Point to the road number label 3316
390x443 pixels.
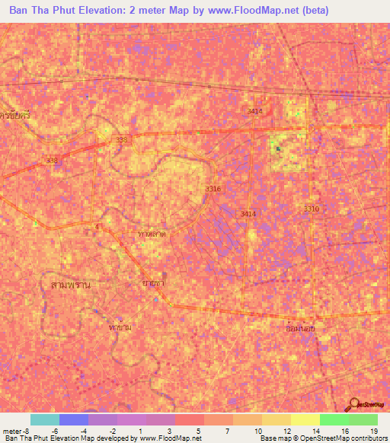[x=213, y=189]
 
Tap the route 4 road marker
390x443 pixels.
[x=98, y=228]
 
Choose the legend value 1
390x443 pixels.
[x=141, y=430]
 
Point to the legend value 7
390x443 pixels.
[x=228, y=430]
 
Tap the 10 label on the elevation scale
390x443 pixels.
[x=259, y=430]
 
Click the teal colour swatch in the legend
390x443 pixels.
[x=45, y=419]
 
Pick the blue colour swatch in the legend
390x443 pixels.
[x=74, y=419]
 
